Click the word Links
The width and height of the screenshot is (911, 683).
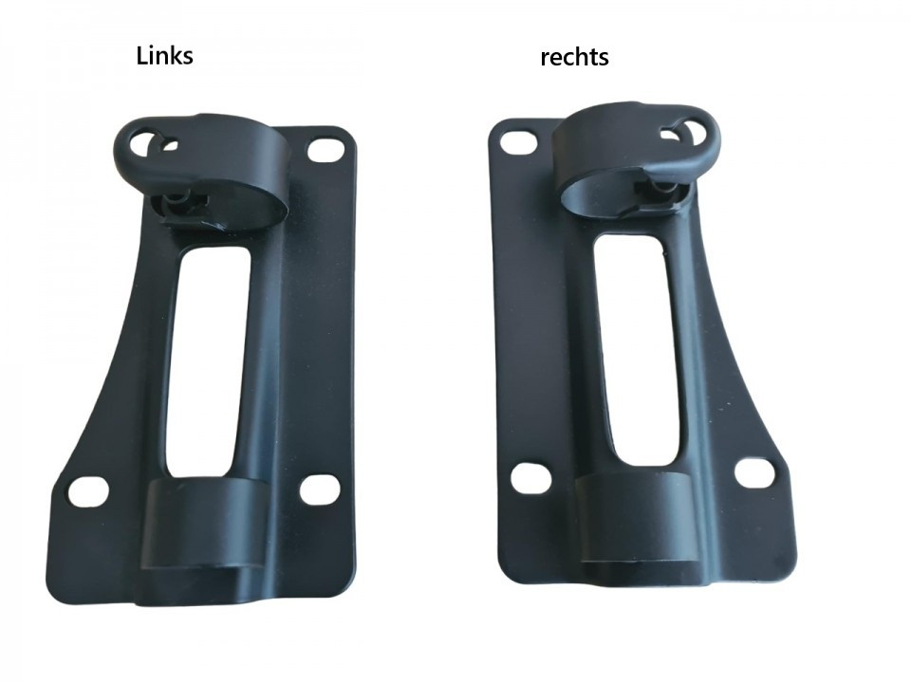[x=164, y=56]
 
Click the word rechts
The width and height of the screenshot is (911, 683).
[x=575, y=58]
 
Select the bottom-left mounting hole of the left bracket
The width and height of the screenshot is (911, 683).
[x=88, y=491]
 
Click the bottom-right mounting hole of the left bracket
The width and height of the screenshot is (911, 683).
[x=322, y=489]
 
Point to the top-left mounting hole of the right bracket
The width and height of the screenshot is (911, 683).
[x=518, y=141]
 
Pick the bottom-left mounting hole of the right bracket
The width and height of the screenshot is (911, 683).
[x=531, y=477]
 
